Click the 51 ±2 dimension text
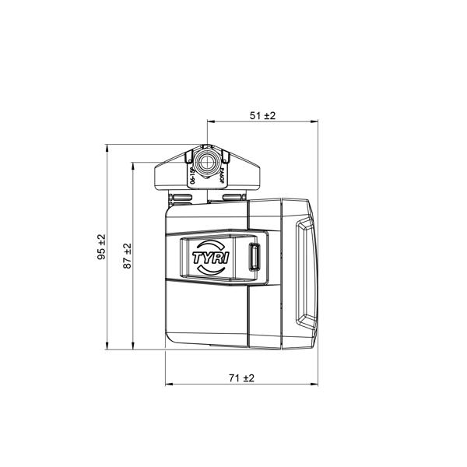(x=263, y=115)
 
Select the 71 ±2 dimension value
(x=242, y=378)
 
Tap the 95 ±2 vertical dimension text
(x=102, y=248)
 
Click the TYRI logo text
(x=208, y=257)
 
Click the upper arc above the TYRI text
(x=209, y=244)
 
